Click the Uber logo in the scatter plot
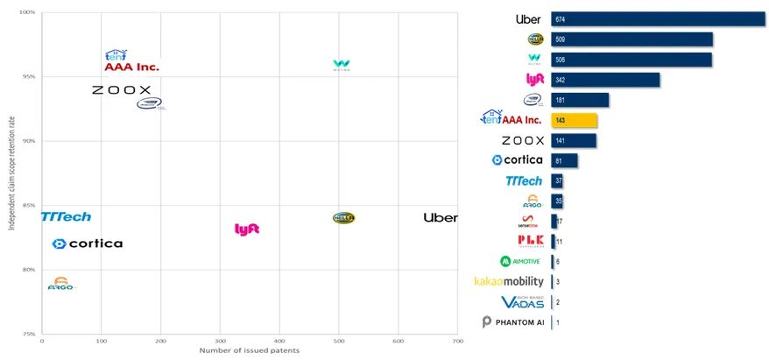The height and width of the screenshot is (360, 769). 440,217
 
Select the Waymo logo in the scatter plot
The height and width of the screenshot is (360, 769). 342,65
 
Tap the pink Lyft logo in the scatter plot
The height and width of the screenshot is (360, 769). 247,229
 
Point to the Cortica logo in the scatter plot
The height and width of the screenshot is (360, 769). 87,244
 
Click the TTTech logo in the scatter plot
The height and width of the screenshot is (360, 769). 66,216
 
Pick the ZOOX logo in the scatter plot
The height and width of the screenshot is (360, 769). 121,90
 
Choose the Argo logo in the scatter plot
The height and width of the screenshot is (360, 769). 61,284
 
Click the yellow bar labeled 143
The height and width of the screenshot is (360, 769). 574,120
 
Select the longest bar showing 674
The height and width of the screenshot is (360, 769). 658,19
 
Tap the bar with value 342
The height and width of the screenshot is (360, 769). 604,80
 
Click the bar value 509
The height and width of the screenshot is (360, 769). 561,39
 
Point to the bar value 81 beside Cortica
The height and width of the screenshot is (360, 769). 559,160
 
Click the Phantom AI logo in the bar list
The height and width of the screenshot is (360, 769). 513,322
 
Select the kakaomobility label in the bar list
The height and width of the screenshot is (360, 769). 509,281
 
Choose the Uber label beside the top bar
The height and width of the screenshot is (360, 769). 528,19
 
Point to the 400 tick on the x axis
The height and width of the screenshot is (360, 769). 279,340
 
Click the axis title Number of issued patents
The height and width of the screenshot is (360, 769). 249,350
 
